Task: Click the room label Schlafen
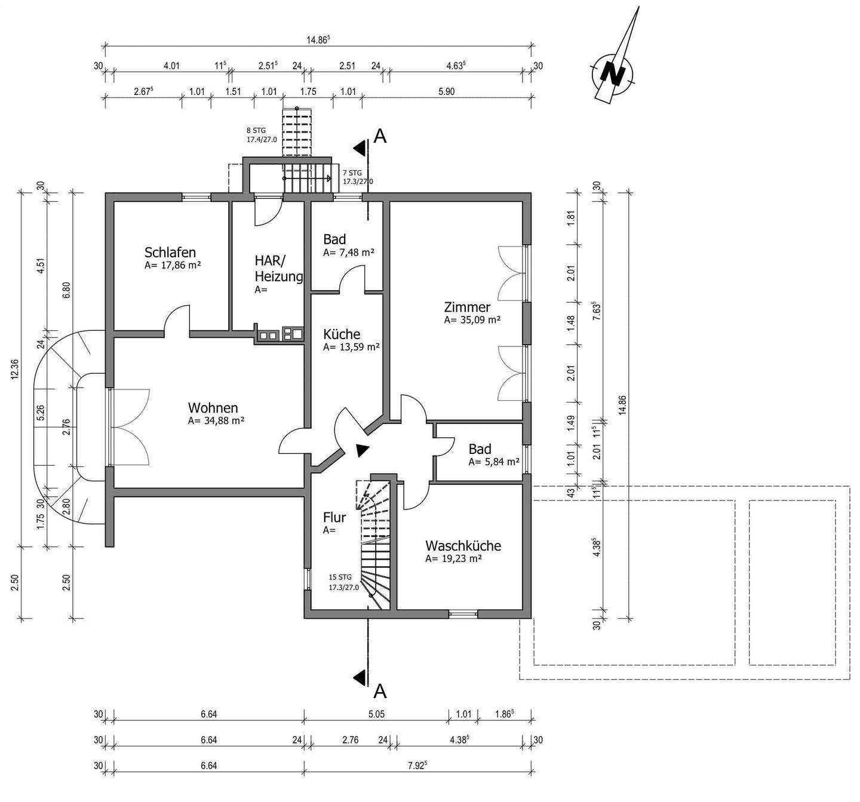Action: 170,253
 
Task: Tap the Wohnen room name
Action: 213,408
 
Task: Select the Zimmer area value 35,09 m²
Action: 472,320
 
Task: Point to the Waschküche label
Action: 463,546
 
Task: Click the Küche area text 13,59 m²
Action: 351,347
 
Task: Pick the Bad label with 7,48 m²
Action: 334,239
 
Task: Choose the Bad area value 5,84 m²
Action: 494,462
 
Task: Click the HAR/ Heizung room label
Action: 278,269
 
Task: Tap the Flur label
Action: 334,518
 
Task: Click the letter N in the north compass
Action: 612,73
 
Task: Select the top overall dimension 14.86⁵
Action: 318,40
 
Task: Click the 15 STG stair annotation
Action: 340,577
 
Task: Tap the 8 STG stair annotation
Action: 256,130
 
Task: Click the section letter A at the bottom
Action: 380,692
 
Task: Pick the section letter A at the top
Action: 380,136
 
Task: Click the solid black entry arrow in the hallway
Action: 362,450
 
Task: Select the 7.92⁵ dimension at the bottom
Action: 417,766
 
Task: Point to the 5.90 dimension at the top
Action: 447,92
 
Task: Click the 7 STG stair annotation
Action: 352,173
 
